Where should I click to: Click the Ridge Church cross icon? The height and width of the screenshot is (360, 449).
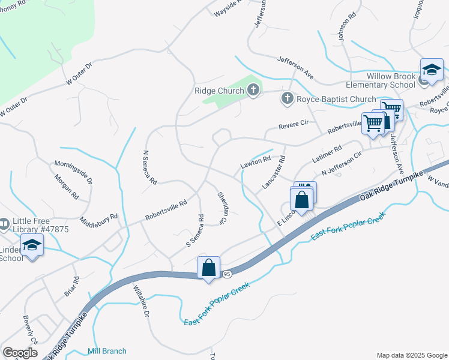pos(253,91)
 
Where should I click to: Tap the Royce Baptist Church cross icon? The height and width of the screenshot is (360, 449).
pos(288,98)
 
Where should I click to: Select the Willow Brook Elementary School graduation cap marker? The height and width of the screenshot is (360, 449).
pos(431,70)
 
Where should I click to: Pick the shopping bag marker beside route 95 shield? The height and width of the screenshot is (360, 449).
pos(208,268)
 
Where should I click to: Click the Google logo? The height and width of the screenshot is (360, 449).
pos(20,353)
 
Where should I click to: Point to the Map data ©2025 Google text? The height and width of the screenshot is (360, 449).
pos(411,355)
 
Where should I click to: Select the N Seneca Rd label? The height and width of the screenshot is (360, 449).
pos(149,167)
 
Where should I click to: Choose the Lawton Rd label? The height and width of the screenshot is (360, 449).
pos(256,161)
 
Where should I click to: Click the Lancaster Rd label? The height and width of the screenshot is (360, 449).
pos(273,174)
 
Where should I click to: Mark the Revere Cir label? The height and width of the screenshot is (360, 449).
pos(293,125)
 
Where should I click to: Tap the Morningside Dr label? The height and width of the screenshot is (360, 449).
pos(73,172)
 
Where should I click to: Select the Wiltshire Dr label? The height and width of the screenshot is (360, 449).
pos(140,301)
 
